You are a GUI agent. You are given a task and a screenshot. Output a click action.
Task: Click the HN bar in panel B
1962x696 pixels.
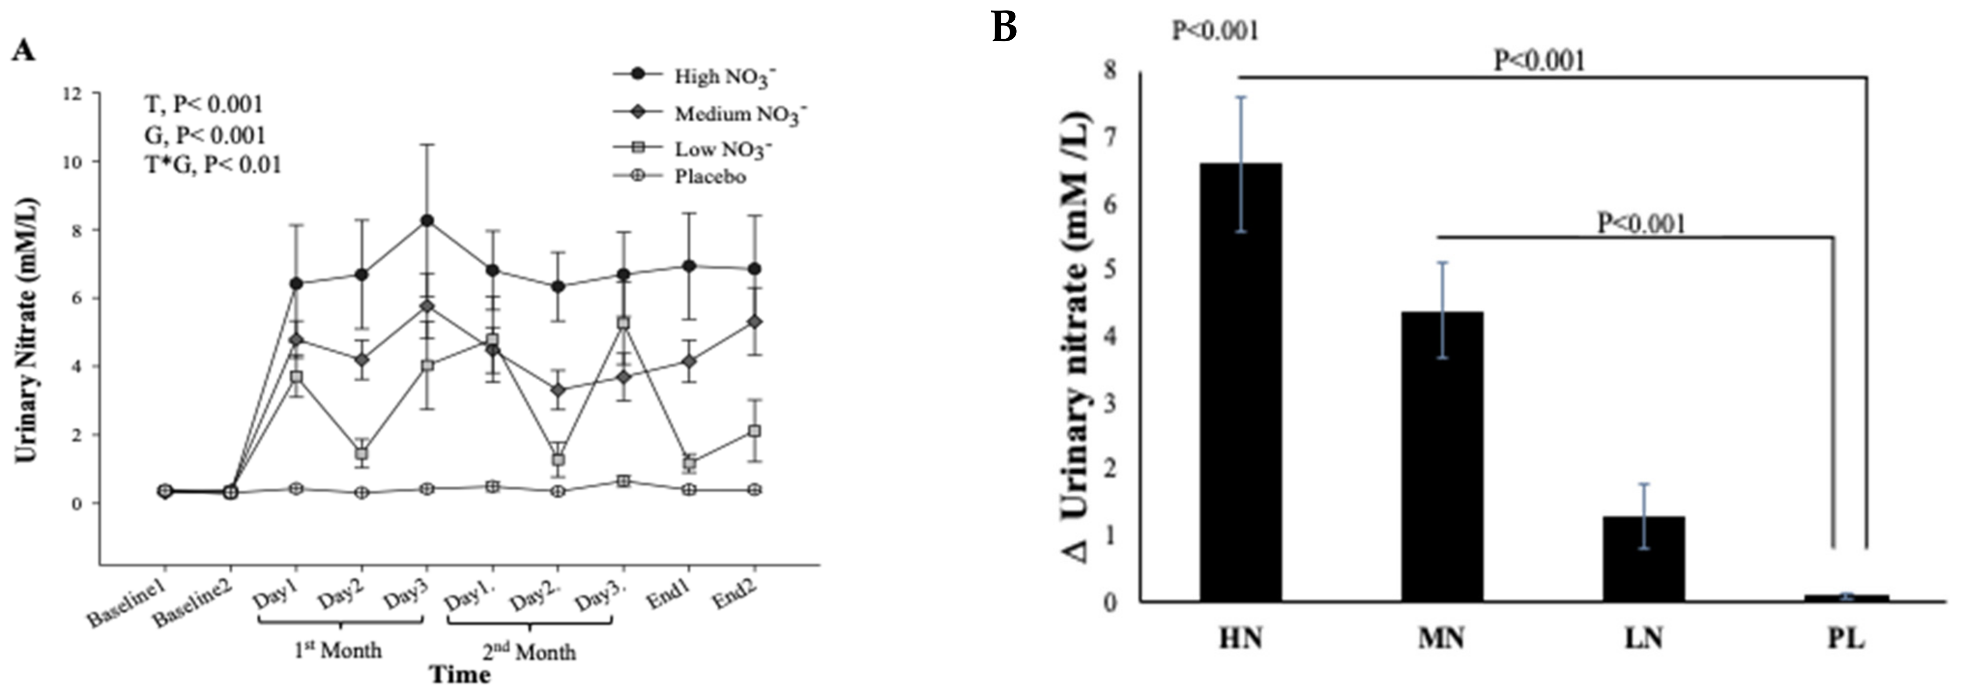1241,381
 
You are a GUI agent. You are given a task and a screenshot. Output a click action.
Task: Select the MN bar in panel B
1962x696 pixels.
1442,457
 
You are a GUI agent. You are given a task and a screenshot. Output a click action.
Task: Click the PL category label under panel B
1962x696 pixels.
1846,638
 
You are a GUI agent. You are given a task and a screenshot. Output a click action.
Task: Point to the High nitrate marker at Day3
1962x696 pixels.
427,221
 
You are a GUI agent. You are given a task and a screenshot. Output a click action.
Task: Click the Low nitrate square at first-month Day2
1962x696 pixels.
362,454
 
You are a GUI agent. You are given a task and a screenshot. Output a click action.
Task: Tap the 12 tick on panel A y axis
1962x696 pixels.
73,93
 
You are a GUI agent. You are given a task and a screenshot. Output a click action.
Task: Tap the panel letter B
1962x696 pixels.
1005,28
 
